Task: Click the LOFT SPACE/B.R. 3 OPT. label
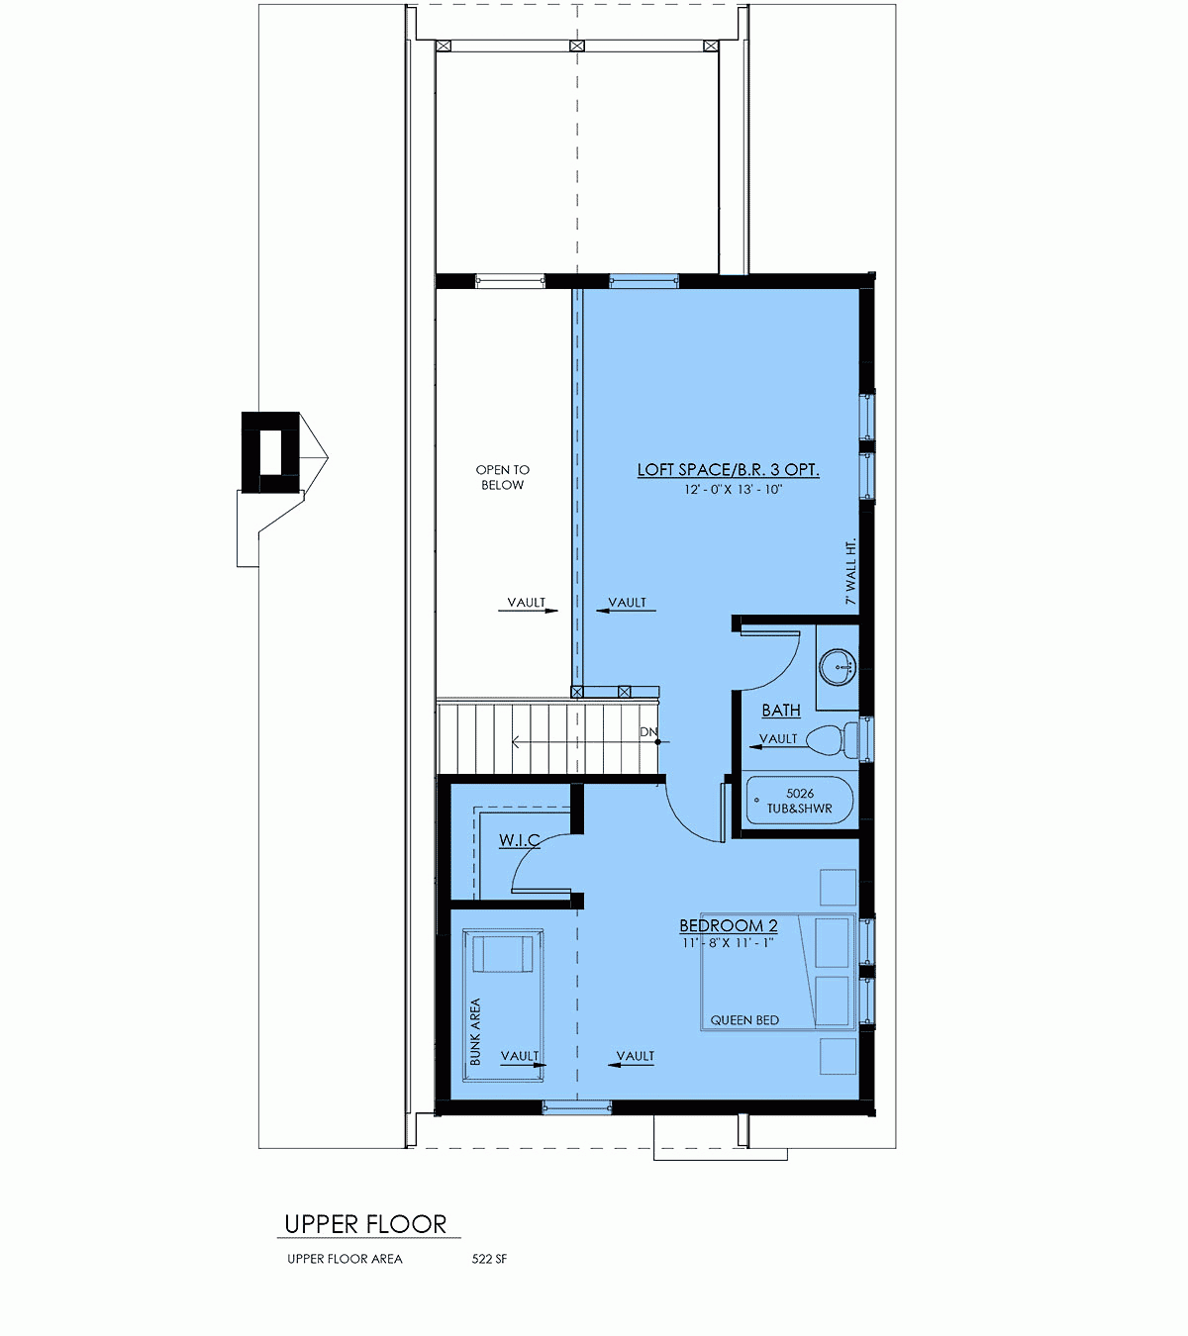pyautogui.click(x=728, y=470)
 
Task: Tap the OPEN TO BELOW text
pyautogui.click(x=502, y=477)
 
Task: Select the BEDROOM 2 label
pyautogui.click(x=728, y=926)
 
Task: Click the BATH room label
pyautogui.click(x=781, y=711)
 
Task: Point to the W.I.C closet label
pyautogui.click(x=519, y=840)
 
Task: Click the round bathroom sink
pyautogui.click(x=839, y=667)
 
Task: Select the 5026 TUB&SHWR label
pyautogui.click(x=800, y=801)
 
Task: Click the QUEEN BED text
pyautogui.click(x=744, y=1020)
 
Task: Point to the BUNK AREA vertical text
pyautogui.click(x=475, y=1031)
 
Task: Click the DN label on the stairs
pyautogui.click(x=648, y=732)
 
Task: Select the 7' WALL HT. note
pyautogui.click(x=850, y=571)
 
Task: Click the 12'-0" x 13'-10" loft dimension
pyautogui.click(x=733, y=490)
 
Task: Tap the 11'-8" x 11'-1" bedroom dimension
pyautogui.click(x=728, y=943)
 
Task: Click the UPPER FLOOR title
pyautogui.click(x=365, y=1224)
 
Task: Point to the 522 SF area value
pyautogui.click(x=489, y=1259)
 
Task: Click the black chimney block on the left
pyautogui.click(x=270, y=451)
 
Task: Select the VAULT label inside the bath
pyautogui.click(x=778, y=738)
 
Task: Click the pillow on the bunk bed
pyautogui.click(x=502, y=954)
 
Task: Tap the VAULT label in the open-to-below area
pyautogui.click(x=526, y=603)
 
